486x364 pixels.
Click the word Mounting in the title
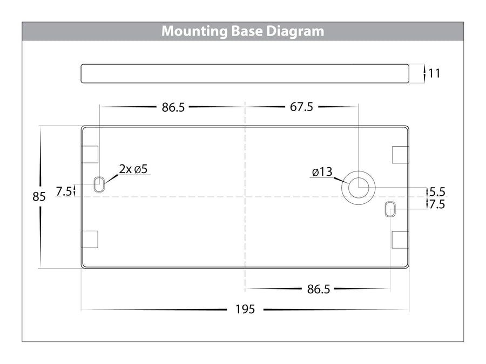point(194,32)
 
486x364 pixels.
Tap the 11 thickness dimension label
point(434,73)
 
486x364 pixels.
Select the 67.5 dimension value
point(301,107)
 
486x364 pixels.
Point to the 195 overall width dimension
point(245,309)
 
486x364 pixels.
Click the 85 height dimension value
point(39,196)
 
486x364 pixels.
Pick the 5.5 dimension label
point(437,192)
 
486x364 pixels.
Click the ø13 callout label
point(322,172)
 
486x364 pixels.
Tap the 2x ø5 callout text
point(133,169)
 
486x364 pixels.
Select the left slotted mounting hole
point(99,184)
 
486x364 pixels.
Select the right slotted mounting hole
point(390,209)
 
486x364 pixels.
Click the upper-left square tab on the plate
point(90,154)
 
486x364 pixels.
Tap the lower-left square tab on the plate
point(90,239)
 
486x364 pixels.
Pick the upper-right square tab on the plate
point(401,155)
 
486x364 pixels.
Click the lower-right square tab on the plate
point(401,239)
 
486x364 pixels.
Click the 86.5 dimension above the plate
point(173,107)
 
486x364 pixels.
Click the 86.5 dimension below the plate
point(319,289)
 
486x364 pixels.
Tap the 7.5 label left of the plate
point(64,191)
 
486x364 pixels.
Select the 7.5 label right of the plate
point(437,204)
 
